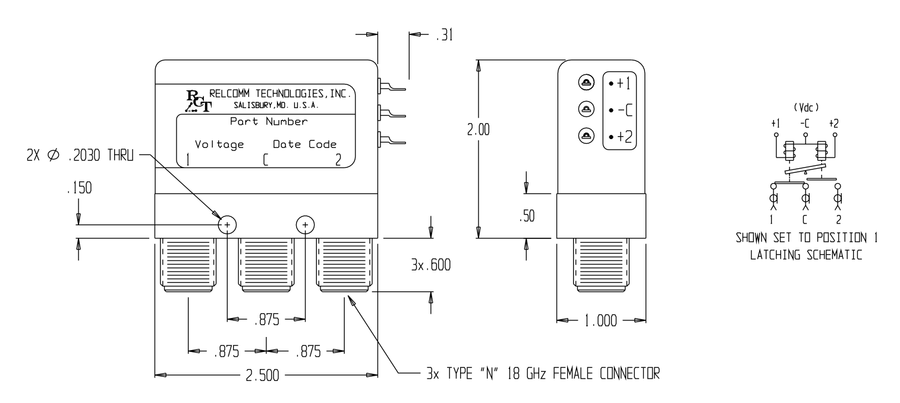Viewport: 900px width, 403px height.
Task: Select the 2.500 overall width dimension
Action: click(x=266, y=375)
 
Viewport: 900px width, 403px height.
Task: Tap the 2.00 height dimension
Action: click(x=478, y=130)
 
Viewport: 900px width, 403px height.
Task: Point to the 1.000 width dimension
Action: click(x=600, y=321)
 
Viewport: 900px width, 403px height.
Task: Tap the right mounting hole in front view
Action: click(x=305, y=225)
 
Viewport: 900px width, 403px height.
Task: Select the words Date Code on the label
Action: click(x=304, y=144)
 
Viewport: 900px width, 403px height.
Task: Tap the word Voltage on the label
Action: click(x=219, y=144)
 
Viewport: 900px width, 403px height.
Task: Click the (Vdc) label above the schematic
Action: click(x=804, y=109)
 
